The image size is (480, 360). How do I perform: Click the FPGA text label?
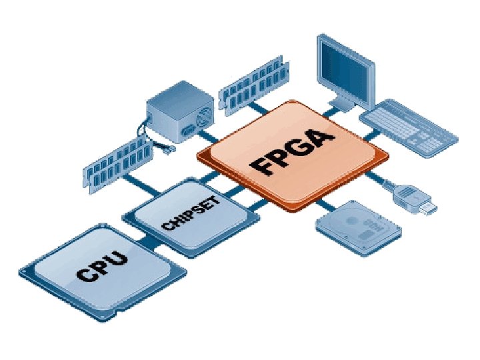tap(293, 153)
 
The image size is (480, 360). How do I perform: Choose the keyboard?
tap(408, 127)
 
